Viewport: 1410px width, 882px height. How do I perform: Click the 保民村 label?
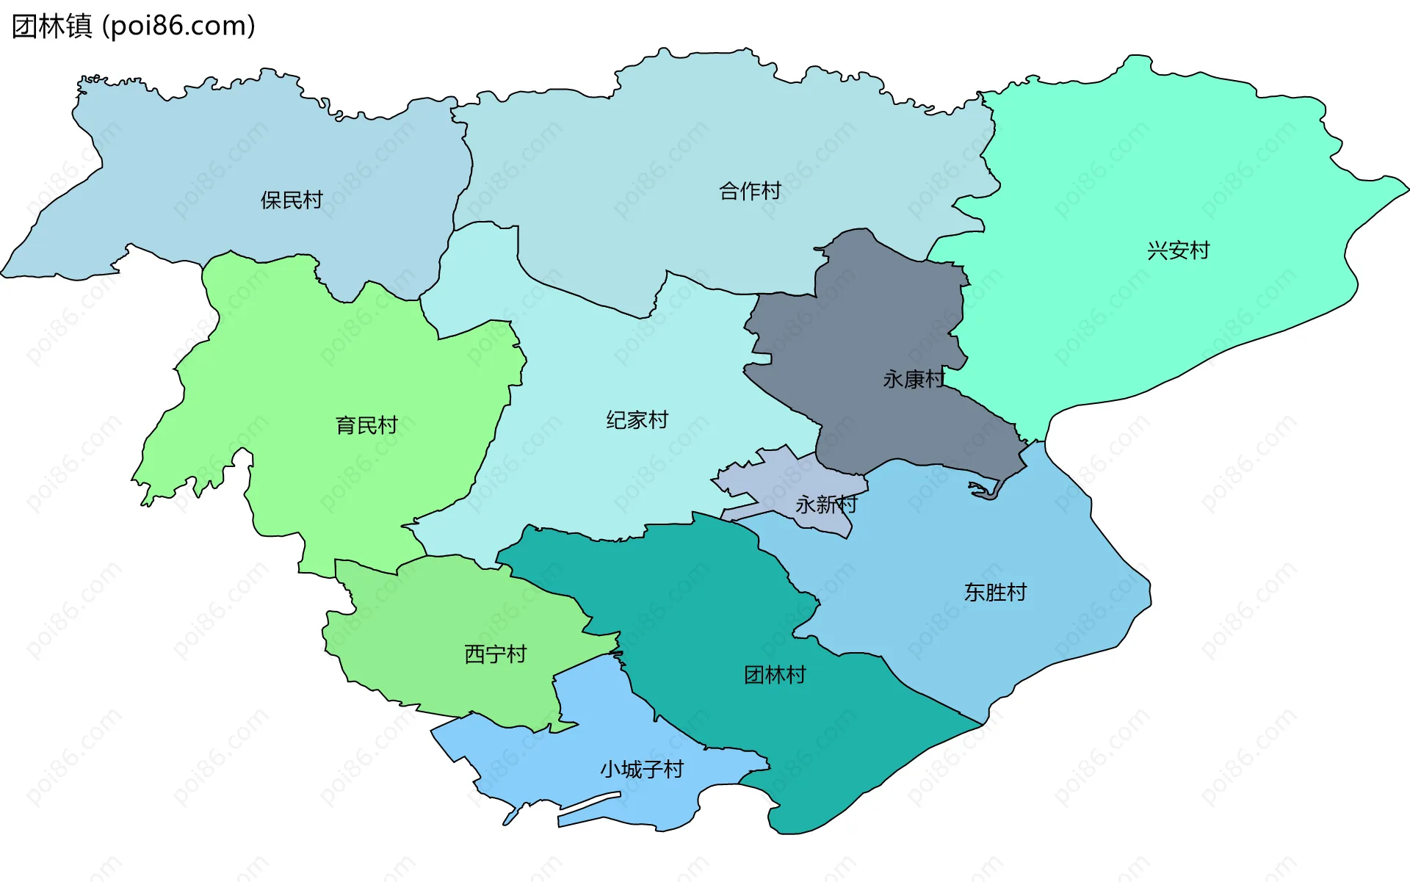click(x=292, y=200)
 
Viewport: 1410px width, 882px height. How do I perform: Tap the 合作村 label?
click(x=750, y=191)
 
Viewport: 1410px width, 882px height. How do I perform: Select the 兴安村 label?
click(x=1178, y=250)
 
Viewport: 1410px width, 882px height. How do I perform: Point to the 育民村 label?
click(x=366, y=424)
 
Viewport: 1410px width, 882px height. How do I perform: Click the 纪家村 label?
click(x=637, y=419)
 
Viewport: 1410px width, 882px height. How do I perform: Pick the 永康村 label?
click(x=914, y=379)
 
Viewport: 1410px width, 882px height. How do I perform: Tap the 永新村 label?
click(x=826, y=504)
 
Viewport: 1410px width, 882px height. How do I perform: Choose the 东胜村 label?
click(x=995, y=592)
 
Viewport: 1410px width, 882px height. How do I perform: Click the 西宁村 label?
click(x=496, y=654)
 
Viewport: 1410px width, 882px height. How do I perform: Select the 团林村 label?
click(x=775, y=674)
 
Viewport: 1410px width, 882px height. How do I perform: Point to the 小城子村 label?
click(x=642, y=769)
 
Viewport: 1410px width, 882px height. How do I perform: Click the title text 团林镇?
click(x=51, y=26)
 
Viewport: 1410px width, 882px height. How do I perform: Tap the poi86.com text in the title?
click(x=178, y=26)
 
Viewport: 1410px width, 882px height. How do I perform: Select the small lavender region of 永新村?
click(x=778, y=477)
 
